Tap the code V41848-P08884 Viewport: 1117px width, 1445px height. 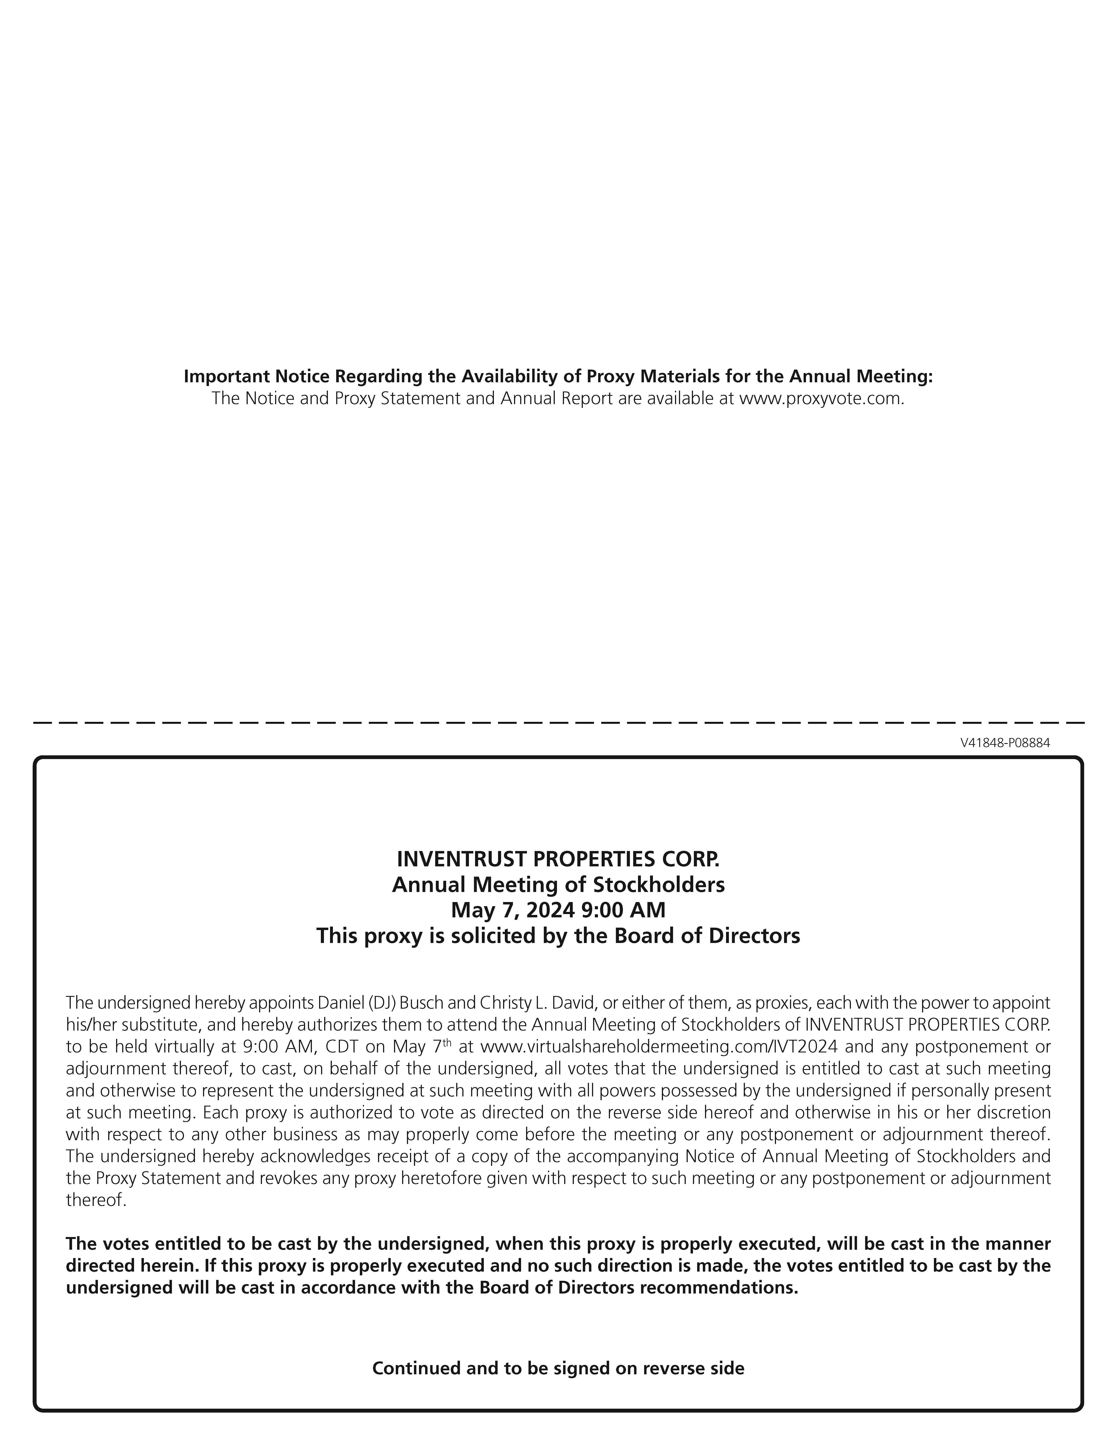tap(1004, 743)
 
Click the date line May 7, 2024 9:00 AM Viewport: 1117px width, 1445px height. tap(558, 910)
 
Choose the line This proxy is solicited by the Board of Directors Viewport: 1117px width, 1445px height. tap(558, 936)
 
